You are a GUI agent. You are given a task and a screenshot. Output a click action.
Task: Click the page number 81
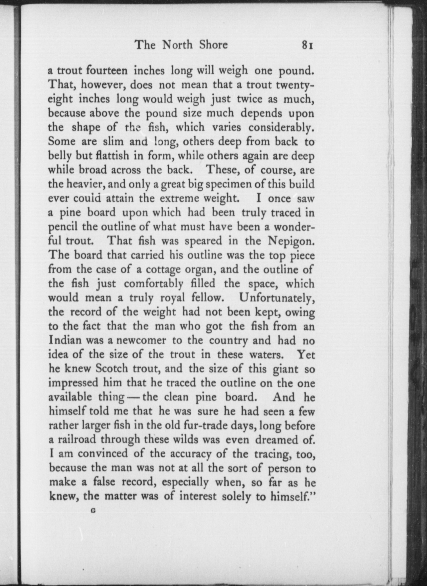pos(307,45)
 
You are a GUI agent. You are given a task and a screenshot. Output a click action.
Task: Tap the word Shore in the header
pos(213,45)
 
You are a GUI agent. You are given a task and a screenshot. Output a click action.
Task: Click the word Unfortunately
pos(277,298)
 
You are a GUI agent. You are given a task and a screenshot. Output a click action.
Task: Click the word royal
pos(173,298)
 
